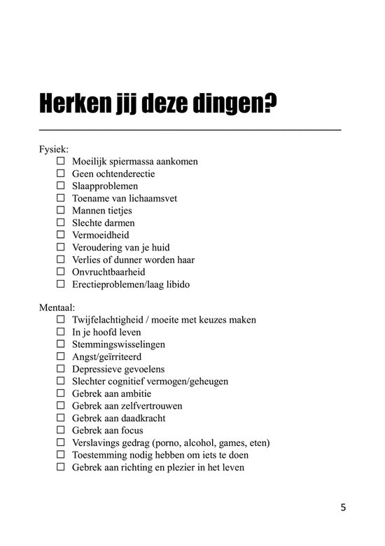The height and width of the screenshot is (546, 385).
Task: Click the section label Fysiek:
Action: (54, 149)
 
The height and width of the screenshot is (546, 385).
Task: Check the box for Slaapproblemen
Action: (60, 186)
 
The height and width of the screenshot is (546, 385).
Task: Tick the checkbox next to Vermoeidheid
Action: (60, 235)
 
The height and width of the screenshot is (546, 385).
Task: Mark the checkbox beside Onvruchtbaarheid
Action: (60, 272)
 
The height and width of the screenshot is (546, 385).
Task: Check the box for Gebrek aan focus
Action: (60, 430)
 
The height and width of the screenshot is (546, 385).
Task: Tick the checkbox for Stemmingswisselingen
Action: (60, 344)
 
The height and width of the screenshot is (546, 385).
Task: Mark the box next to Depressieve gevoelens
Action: (60, 369)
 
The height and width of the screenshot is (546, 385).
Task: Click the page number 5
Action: (343, 508)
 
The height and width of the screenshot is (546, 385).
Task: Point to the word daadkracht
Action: (142, 418)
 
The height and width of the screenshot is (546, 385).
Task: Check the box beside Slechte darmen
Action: (60, 223)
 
